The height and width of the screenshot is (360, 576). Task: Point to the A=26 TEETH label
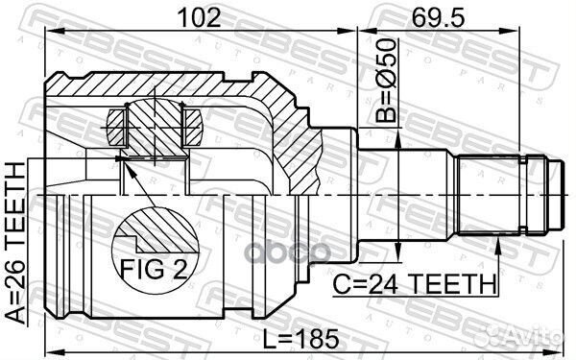coord(13,244)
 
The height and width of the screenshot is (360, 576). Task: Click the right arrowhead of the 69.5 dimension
coord(527,32)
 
